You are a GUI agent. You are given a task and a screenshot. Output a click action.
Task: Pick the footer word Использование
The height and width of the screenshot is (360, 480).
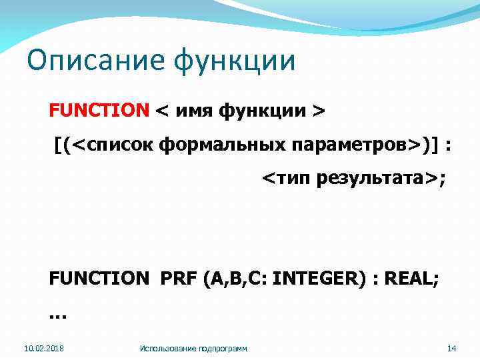point(169,348)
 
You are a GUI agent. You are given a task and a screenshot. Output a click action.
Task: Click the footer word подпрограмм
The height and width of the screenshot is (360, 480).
point(223,348)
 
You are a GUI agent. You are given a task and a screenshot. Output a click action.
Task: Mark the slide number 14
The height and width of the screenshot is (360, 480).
point(451,348)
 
